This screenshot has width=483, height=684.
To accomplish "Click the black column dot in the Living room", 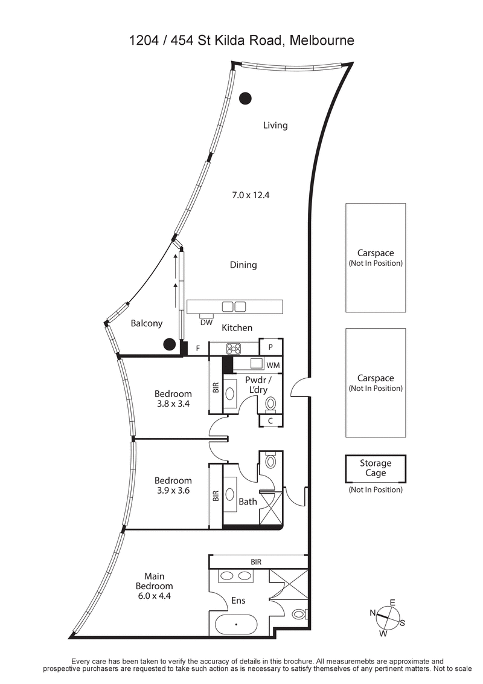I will pyautogui.click(x=245, y=98).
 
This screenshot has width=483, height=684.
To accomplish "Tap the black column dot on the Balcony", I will pyautogui.click(x=170, y=344).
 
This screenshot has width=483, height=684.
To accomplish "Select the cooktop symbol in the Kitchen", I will pyautogui.click(x=234, y=349).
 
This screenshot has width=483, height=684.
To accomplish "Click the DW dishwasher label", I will pyautogui.click(x=206, y=322).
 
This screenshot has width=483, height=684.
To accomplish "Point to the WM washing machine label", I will pyautogui.click(x=273, y=365).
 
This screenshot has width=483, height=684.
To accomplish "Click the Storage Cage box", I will pyautogui.click(x=376, y=468).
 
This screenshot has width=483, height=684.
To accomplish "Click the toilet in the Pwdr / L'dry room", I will pyautogui.click(x=271, y=403).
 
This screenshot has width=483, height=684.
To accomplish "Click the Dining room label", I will pyautogui.click(x=243, y=265).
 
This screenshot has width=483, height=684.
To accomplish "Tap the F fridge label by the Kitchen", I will pyautogui.click(x=198, y=348).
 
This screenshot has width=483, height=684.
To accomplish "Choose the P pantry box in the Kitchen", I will pyautogui.click(x=270, y=347).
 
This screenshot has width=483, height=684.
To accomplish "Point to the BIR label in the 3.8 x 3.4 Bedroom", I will pyautogui.click(x=216, y=387).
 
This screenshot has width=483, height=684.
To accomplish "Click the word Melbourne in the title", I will pyautogui.click(x=321, y=40).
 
